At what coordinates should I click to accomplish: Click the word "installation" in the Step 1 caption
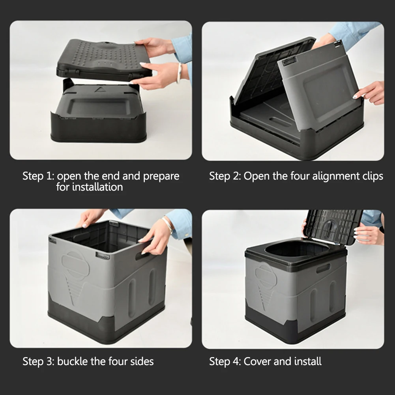(89, 187)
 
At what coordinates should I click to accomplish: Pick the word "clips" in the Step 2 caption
(373, 176)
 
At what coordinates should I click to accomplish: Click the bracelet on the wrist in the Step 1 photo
(179, 73)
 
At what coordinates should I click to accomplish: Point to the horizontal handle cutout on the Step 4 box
(323, 268)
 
